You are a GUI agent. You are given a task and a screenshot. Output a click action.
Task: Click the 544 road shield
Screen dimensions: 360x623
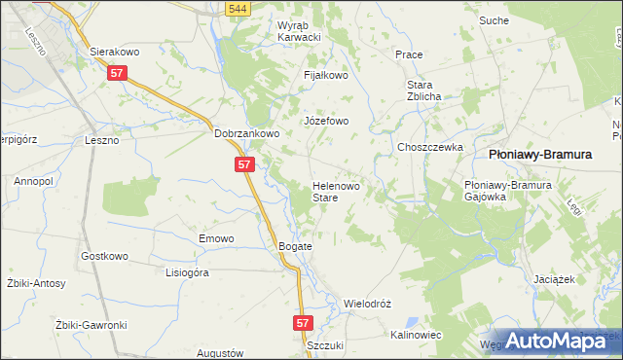click(x=236, y=9)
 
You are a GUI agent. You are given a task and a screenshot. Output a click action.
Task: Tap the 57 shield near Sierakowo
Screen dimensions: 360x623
click(x=118, y=73)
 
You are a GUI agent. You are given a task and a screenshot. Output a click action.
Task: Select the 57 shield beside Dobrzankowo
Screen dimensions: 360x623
click(x=245, y=165)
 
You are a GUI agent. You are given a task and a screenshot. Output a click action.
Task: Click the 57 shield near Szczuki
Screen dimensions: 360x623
click(x=303, y=321)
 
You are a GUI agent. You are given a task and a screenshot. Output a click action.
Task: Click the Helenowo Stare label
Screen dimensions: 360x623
click(x=337, y=191)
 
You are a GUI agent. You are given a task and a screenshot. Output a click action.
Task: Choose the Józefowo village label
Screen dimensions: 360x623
click(x=326, y=122)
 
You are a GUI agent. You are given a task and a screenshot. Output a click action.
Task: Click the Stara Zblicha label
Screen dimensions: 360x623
click(x=425, y=90)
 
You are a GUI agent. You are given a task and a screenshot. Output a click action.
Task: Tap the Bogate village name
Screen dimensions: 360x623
click(x=296, y=246)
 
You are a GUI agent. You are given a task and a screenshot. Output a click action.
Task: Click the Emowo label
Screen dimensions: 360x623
click(x=217, y=238)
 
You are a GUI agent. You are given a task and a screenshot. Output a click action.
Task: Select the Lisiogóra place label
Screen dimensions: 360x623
click(x=188, y=272)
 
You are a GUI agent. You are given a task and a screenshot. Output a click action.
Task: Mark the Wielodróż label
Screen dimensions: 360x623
click(x=367, y=304)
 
